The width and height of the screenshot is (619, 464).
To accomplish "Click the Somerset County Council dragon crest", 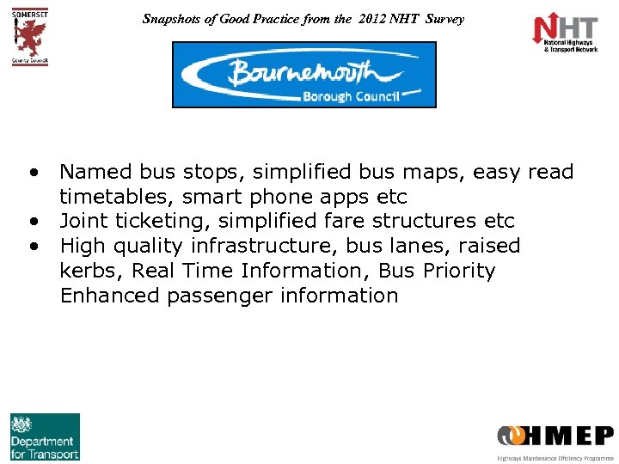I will click(30, 34).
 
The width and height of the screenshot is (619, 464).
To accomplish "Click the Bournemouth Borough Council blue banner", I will click(304, 75).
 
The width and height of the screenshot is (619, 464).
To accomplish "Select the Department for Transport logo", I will click(45, 437).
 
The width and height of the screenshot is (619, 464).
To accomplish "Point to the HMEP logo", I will click(555, 437).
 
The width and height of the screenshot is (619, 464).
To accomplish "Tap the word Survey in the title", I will click(444, 18).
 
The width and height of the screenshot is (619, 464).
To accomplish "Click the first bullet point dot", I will click(32, 171).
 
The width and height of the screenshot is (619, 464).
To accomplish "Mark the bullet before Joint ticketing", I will click(32, 221).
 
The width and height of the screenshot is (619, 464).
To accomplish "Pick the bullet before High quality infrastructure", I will click(32, 246).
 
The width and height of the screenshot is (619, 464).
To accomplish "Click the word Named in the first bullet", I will click(90, 172).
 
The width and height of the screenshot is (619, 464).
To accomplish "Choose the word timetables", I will click(117, 197).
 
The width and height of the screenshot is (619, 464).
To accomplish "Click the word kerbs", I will click(84, 272).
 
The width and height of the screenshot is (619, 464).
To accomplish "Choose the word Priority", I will click(460, 272).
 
